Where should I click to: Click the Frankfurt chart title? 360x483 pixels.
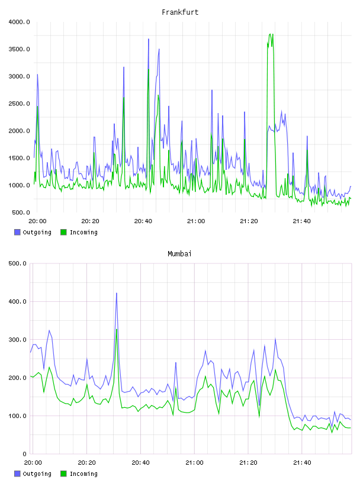click(180, 12)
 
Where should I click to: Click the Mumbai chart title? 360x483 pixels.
click(179, 254)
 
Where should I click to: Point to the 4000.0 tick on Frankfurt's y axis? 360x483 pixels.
click(19, 22)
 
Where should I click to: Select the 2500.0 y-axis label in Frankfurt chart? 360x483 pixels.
click(19, 104)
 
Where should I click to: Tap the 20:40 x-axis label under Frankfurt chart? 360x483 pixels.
click(143, 221)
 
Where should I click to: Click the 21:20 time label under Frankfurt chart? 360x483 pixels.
click(249, 221)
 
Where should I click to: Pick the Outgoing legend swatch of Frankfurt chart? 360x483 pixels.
click(17, 232)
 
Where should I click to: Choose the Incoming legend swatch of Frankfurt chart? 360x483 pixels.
click(63, 232)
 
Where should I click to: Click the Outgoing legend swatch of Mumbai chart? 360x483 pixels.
click(17, 474)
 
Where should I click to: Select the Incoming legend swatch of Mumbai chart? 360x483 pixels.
click(63, 474)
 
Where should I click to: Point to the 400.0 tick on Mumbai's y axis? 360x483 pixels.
click(18, 301)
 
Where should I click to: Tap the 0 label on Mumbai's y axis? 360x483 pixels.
click(25, 454)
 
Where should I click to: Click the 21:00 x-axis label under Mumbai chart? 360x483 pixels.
click(194, 463)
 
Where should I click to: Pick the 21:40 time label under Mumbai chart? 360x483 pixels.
click(302, 463)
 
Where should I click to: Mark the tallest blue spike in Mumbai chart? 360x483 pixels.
click(117, 293)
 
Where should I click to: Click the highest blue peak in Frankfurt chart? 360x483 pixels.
click(149, 39)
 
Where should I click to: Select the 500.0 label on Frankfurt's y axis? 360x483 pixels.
click(19, 212)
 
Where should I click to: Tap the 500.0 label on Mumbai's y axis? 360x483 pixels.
click(18, 263)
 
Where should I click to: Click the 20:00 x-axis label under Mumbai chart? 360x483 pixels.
click(33, 463)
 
